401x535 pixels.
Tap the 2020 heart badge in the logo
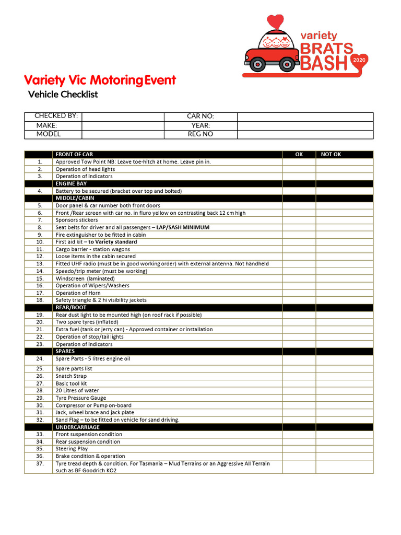coord(359,61)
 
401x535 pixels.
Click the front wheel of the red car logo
coord(256,64)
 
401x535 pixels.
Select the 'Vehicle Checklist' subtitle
coord(63,95)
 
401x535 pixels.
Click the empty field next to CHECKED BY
coord(123,117)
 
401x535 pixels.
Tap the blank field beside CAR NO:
coord(305,117)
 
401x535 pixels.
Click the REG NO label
coord(200,134)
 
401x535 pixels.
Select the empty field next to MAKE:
coord(123,125)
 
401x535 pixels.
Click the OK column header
coord(299,155)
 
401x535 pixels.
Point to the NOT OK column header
coord(331,155)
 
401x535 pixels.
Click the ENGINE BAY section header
coord(72,184)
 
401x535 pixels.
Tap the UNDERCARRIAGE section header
coord(77,427)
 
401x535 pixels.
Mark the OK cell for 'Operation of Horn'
coord(299,293)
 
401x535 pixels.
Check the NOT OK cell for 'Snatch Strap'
coord(344,376)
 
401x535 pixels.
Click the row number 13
coord(40,264)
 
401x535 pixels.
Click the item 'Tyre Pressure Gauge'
coord(81,398)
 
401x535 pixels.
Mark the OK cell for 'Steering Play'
coord(299,449)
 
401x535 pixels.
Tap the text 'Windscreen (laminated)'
coord(85,278)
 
